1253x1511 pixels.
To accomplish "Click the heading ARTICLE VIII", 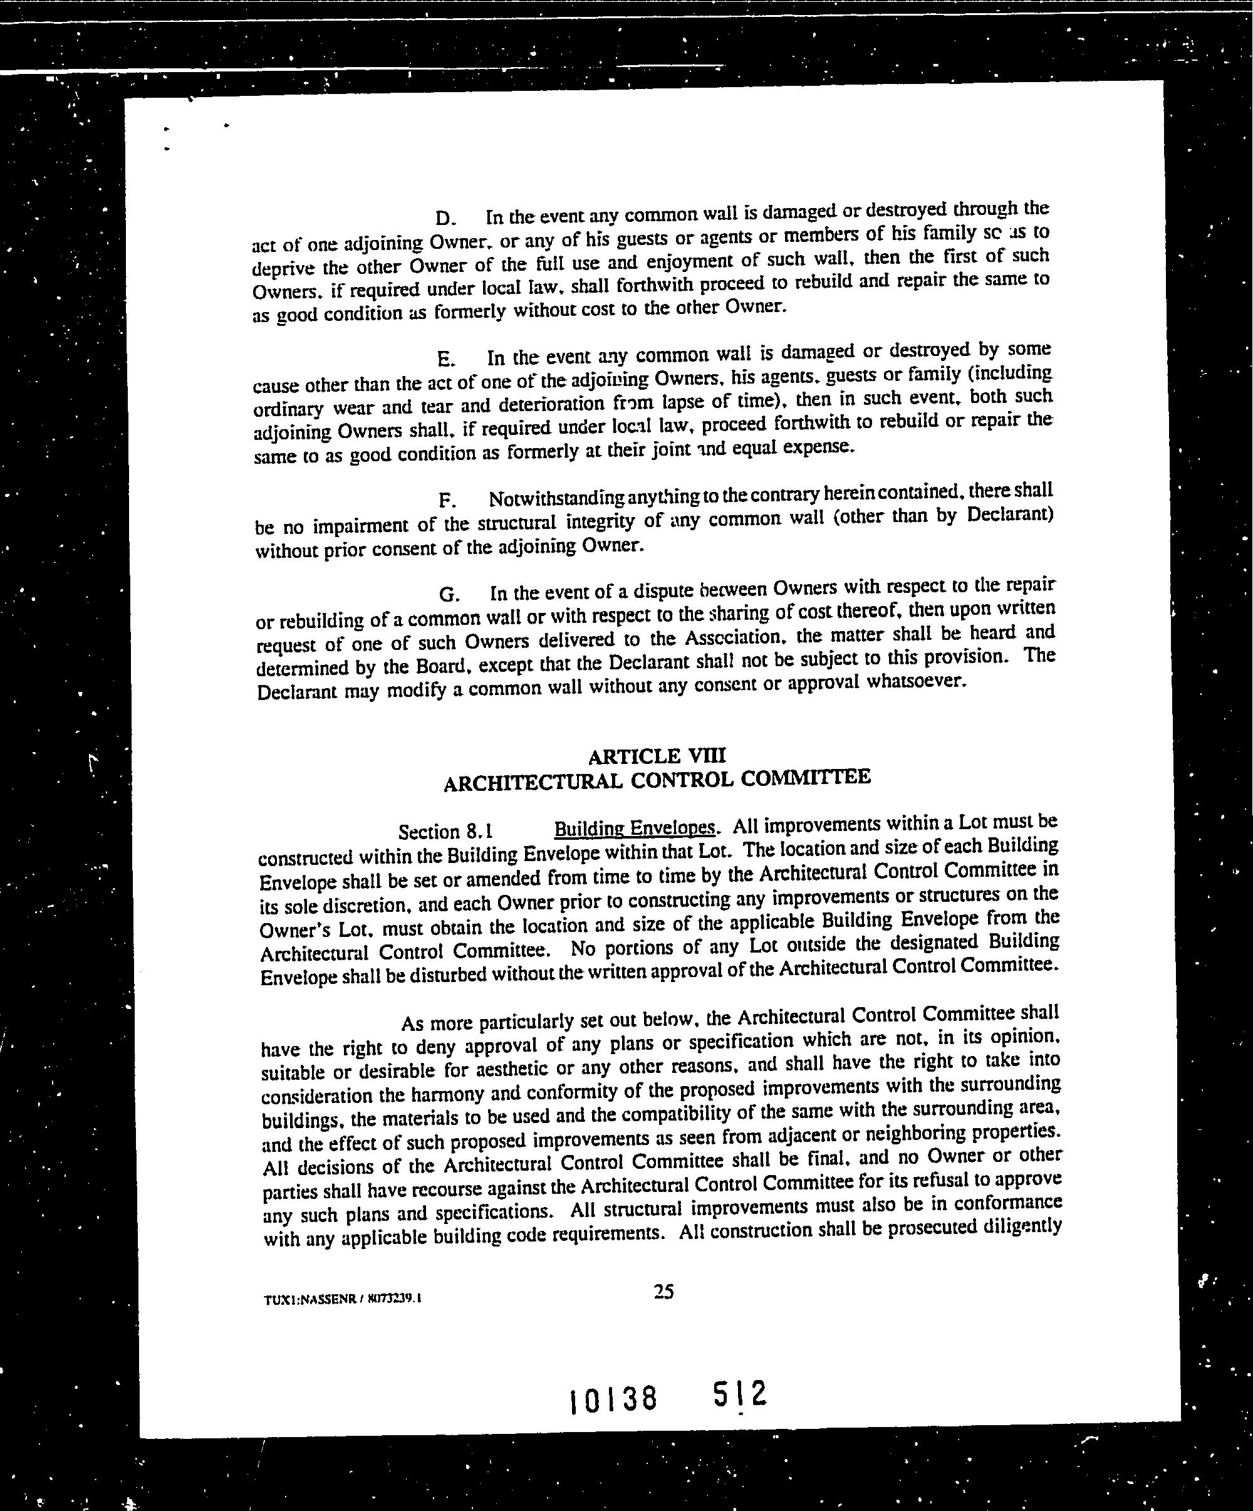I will pos(657,756).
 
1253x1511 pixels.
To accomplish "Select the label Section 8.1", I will pos(445,832).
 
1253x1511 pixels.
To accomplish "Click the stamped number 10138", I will pos(613,1399).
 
